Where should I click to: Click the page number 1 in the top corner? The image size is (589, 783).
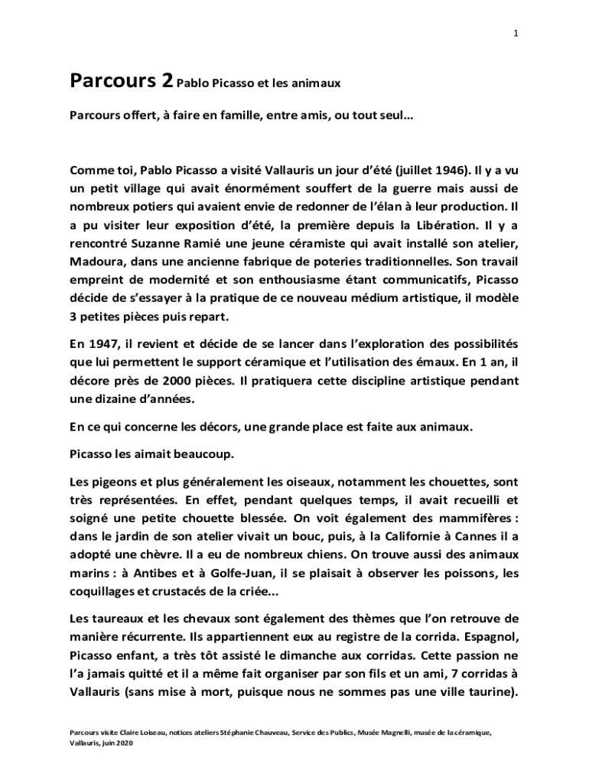coord(517,34)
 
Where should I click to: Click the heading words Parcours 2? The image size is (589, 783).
coord(120,80)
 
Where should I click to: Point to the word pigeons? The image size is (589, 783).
coord(111,482)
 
